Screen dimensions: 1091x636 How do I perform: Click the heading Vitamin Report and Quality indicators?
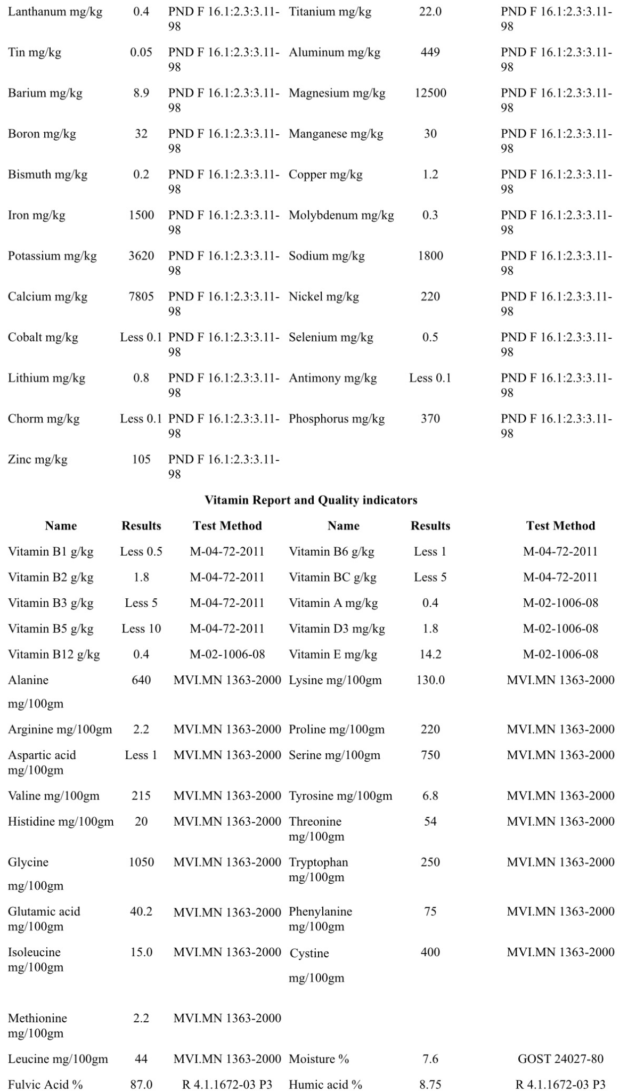coord(311,500)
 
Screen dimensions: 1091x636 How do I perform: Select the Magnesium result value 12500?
coord(430,93)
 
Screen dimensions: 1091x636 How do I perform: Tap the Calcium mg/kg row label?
coord(47,297)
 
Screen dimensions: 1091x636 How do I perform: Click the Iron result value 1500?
coord(141,215)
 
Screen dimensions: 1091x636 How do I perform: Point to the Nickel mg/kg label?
coord(324,297)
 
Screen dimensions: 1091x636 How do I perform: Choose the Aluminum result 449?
coord(430,52)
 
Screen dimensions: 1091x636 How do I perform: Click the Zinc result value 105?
coord(141,459)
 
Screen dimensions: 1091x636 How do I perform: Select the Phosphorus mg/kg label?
coord(337,419)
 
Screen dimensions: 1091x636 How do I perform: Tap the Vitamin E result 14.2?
coord(430,654)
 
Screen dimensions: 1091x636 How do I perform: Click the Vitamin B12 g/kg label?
coord(54,654)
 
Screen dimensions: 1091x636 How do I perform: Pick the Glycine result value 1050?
coord(141,862)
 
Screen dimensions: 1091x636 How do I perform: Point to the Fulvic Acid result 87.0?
coord(141,1084)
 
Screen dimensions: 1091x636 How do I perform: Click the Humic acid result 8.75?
coord(430,1084)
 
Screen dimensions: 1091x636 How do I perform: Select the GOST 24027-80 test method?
coord(560,1059)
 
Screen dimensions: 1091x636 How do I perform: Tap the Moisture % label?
coord(319,1059)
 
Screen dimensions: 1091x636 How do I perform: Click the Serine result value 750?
coord(430,755)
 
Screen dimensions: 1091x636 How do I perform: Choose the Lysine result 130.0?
coord(430,680)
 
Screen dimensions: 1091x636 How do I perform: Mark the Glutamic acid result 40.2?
coord(141,911)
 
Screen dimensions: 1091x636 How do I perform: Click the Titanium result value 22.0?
coord(430,12)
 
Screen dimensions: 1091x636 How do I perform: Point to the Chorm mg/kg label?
coord(44,419)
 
